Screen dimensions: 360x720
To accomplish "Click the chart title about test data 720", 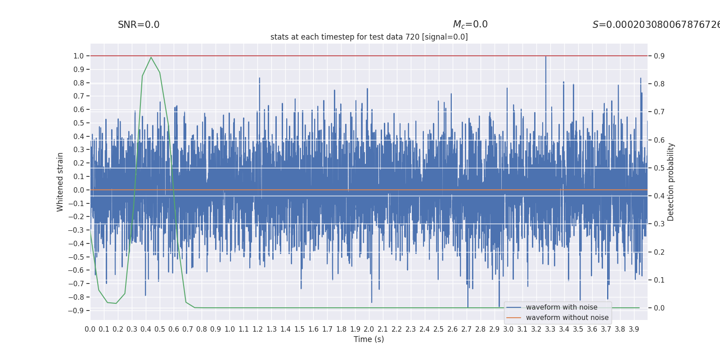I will click(x=369, y=37).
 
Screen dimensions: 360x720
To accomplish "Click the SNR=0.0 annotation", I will click(x=139, y=25).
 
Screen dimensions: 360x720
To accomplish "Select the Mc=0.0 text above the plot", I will click(x=470, y=25).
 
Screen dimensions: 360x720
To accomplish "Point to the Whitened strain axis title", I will click(x=60, y=182).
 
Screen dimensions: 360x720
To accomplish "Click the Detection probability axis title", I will click(x=671, y=182).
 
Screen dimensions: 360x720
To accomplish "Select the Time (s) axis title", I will click(x=369, y=339).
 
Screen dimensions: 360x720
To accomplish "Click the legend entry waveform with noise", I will click(x=562, y=307).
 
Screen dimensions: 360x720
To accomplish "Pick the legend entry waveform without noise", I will click(x=567, y=318).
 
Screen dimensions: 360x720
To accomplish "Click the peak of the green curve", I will click(x=151, y=57).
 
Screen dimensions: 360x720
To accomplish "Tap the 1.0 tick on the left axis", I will click(x=79, y=56).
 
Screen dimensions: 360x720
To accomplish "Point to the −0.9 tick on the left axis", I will click(x=76, y=310).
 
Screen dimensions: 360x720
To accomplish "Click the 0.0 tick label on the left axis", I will click(x=79, y=190).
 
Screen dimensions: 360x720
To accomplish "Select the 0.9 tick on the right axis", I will click(x=659, y=56).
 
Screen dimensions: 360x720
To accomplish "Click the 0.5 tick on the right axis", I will click(x=659, y=168).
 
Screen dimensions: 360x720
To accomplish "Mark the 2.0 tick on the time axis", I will click(x=369, y=329).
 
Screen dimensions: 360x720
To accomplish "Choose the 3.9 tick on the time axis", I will click(x=634, y=329).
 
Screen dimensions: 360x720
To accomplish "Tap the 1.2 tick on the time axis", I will click(x=257, y=329).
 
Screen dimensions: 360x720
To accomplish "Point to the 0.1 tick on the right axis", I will click(x=659, y=280).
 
